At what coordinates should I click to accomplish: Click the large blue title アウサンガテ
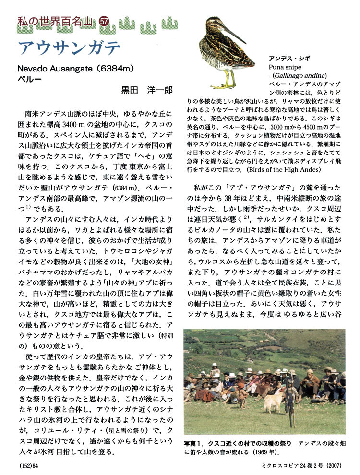[x=69, y=48]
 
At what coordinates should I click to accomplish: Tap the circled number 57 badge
[x=104, y=21]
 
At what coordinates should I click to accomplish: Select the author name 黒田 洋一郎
[x=146, y=90]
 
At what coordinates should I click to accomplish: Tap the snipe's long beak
[x=236, y=34]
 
